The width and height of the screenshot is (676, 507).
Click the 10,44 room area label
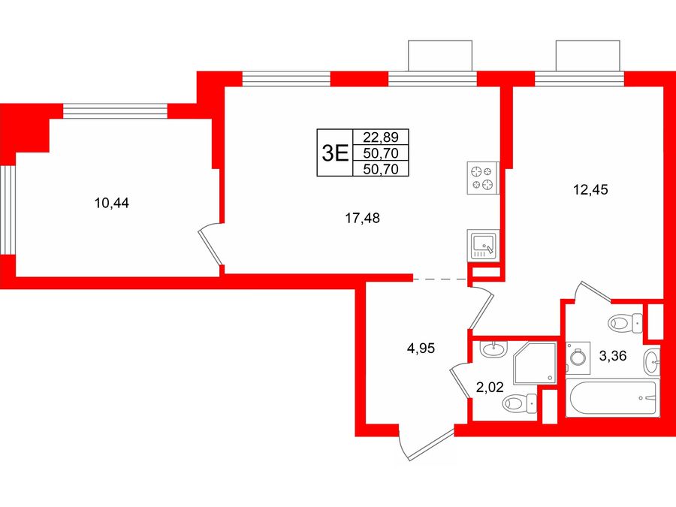[x=112, y=203]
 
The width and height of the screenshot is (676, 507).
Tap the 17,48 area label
[x=362, y=218]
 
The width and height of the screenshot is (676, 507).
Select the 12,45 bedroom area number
[x=590, y=189]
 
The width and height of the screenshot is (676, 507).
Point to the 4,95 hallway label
[x=421, y=348]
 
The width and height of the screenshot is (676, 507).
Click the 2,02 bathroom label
[x=490, y=387]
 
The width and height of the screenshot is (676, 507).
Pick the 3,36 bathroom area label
[x=613, y=356]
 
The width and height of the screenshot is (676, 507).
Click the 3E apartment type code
[x=335, y=152]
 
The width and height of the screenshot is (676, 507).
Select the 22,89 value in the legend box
[x=380, y=137]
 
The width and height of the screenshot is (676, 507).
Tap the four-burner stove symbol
[x=483, y=178]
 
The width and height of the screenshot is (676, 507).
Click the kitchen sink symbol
[x=483, y=246]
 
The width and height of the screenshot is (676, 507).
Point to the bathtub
[x=613, y=398]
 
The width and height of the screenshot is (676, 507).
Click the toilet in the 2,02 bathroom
[x=520, y=403]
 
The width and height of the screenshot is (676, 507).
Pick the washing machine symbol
[x=578, y=358]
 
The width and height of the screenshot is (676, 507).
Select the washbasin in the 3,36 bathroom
[x=652, y=362]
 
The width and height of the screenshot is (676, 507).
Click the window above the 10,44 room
[x=115, y=111]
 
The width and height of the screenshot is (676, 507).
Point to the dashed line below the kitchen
[x=439, y=279]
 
